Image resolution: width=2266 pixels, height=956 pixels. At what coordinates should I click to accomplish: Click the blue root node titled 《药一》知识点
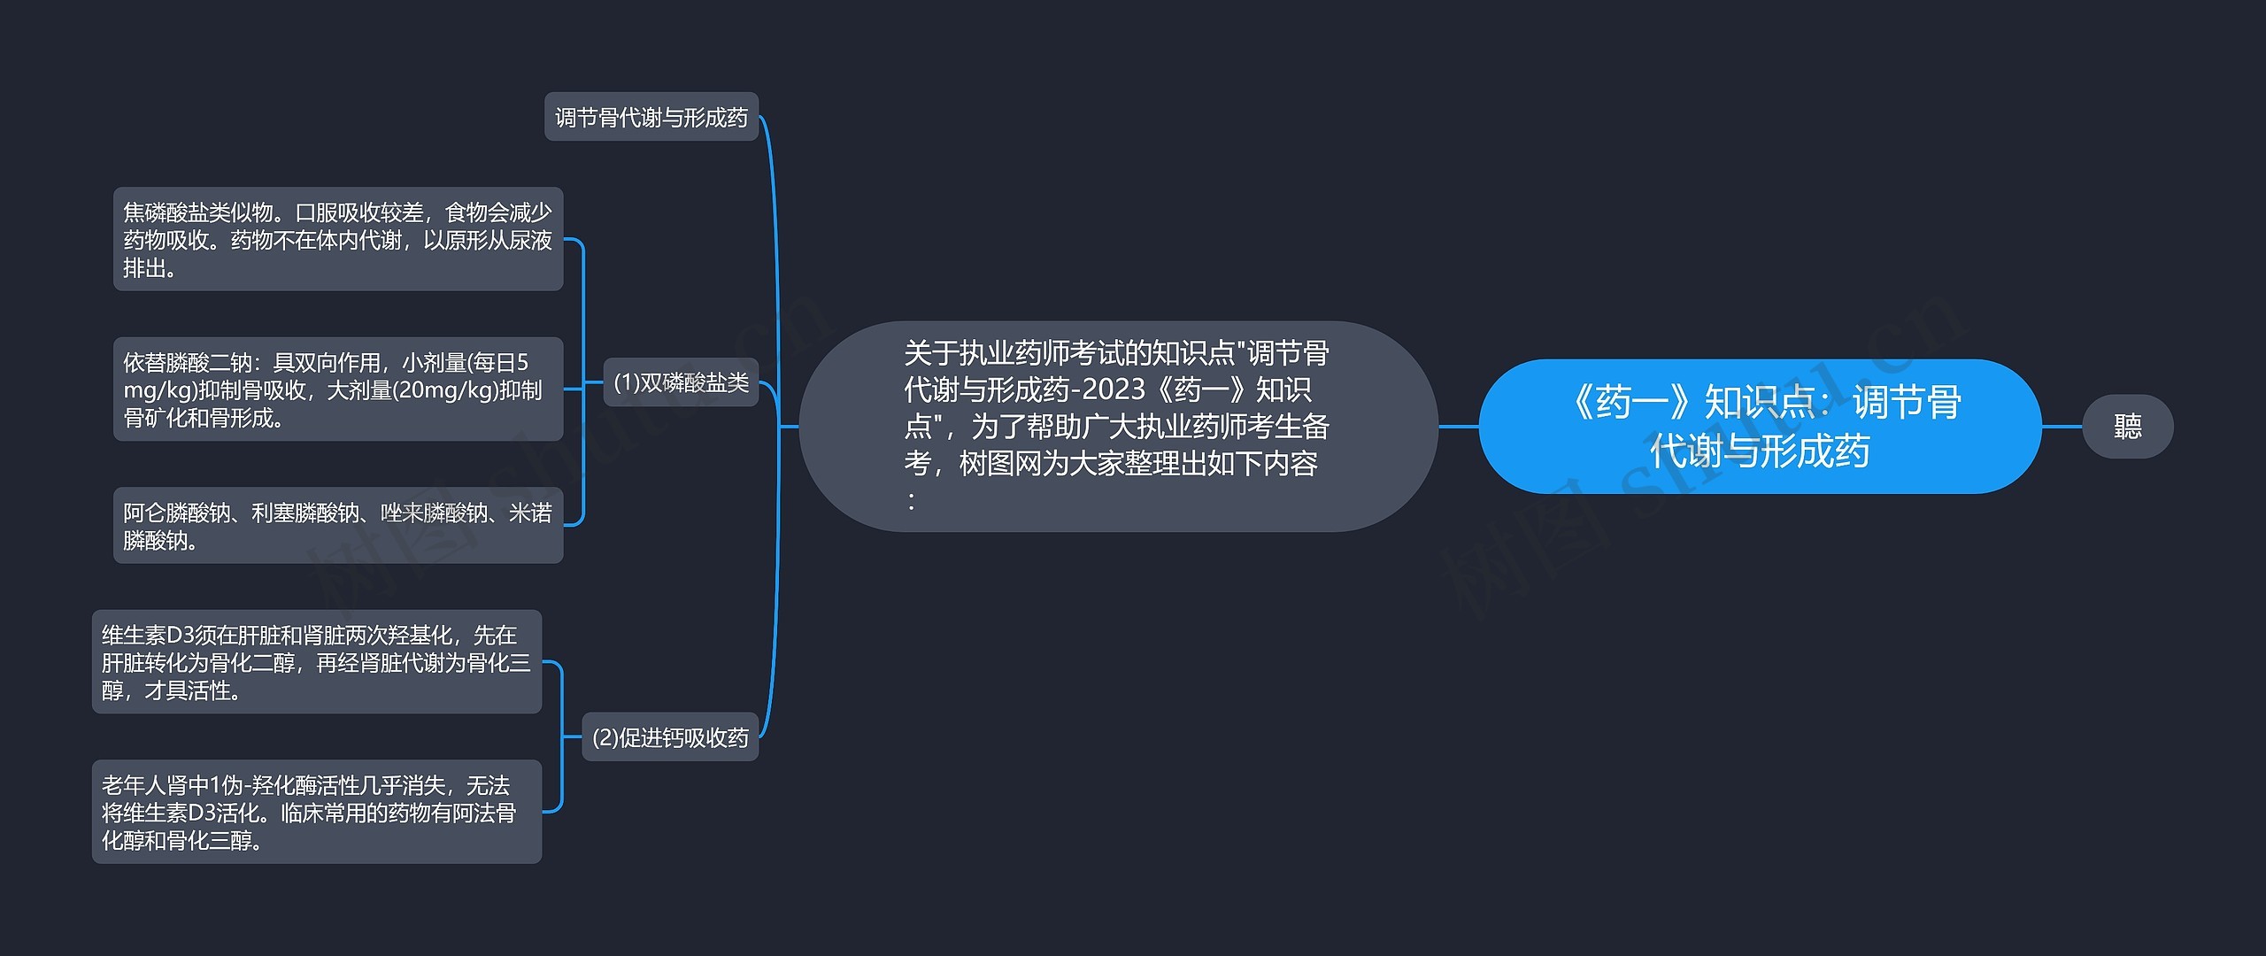click(1759, 426)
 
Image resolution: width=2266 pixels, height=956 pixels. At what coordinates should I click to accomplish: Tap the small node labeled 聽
click(2127, 427)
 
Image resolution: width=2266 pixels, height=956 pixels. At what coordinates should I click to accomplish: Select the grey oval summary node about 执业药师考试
click(1117, 426)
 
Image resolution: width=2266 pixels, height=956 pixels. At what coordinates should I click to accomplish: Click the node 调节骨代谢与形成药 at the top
click(651, 117)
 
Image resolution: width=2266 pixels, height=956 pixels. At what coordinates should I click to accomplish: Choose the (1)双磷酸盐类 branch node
click(680, 382)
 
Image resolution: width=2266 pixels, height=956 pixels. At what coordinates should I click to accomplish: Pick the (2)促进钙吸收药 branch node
click(669, 736)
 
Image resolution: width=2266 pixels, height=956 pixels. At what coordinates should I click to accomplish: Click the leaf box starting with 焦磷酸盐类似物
click(337, 239)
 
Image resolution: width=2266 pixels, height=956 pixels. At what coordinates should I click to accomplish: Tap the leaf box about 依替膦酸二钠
click(337, 389)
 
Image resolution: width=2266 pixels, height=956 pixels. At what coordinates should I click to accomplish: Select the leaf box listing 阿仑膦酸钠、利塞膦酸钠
click(337, 525)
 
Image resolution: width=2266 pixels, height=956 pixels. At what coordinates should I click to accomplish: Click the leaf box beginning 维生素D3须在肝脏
click(316, 662)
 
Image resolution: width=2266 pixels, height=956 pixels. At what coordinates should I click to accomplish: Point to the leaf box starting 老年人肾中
click(316, 812)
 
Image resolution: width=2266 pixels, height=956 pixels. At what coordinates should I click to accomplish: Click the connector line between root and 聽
click(2062, 427)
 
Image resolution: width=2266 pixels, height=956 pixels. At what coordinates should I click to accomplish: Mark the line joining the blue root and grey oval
click(1458, 427)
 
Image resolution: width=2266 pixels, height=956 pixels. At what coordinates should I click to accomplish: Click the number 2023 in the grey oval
click(1114, 389)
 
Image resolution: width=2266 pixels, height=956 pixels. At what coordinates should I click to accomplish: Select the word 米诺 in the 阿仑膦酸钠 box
click(530, 513)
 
